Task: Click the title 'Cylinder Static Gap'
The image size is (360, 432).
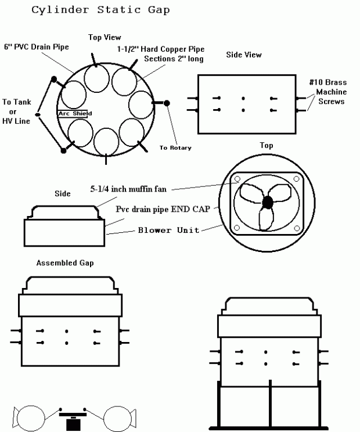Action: tap(100, 10)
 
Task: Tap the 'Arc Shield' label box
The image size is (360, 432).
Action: tap(72, 114)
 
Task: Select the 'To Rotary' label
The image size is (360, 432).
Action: tap(175, 147)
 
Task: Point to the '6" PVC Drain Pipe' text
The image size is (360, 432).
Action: tap(37, 46)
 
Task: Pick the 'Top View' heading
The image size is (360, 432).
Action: tap(105, 37)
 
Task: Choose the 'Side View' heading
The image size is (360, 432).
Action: tap(243, 55)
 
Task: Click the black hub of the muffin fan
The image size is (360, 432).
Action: tap(268, 202)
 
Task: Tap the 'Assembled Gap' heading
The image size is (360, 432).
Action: tap(65, 262)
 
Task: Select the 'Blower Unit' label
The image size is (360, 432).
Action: tap(168, 230)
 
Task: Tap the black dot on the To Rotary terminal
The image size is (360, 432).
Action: tap(167, 103)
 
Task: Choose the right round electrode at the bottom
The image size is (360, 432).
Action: tap(116, 418)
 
